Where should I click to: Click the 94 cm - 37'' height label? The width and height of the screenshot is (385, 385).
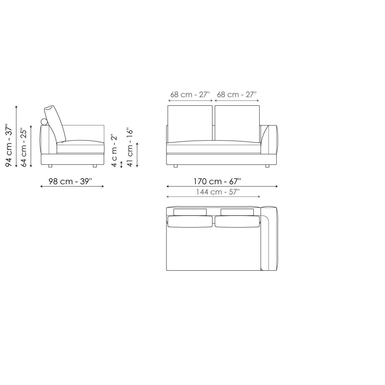click(9, 146)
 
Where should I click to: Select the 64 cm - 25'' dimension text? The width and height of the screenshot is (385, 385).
click(24, 147)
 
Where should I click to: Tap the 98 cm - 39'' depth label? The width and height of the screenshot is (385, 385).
click(70, 181)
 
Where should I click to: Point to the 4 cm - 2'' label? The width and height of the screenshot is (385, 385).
click(114, 150)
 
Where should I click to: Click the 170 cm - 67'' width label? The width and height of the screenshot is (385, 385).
click(217, 181)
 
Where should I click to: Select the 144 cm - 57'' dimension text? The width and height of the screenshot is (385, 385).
click(218, 192)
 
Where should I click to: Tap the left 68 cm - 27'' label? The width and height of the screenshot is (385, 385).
click(190, 95)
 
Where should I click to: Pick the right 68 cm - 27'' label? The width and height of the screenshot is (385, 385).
click(237, 95)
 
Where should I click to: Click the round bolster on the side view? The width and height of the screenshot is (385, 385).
click(44, 122)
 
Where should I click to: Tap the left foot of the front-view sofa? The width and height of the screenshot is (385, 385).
click(176, 166)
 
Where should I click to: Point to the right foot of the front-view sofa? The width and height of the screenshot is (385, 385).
click(267, 166)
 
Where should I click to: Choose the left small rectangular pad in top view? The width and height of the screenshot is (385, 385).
click(190, 212)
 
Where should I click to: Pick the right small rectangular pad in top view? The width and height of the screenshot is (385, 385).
click(237, 212)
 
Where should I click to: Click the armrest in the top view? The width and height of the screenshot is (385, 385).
click(269, 239)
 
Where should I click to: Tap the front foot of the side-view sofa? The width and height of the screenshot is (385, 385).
click(95, 166)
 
